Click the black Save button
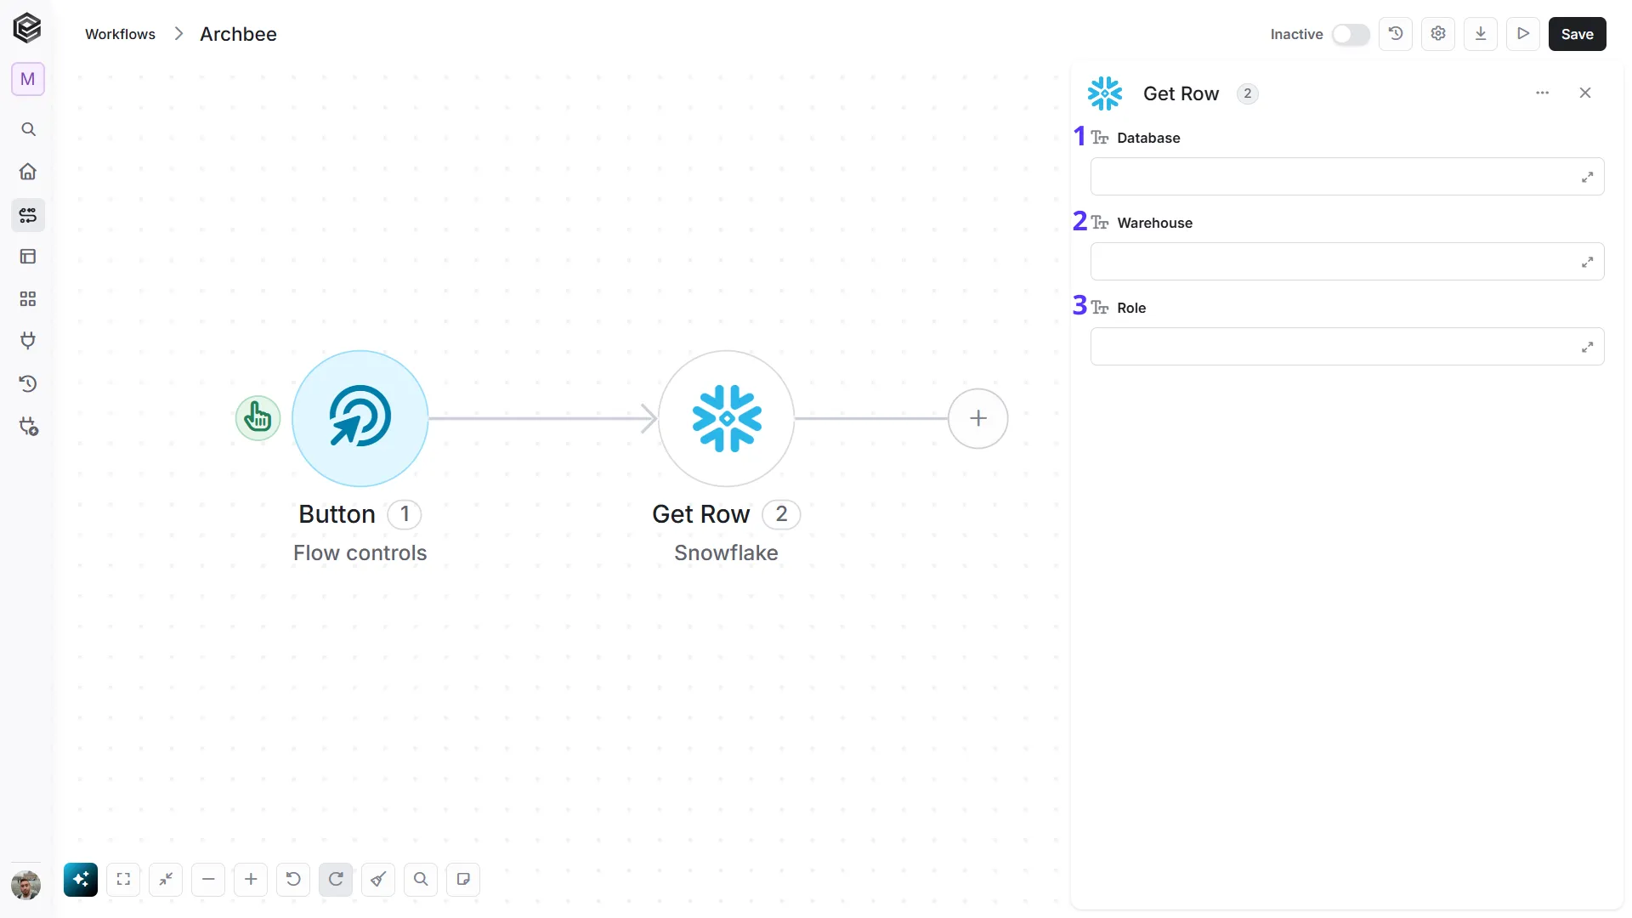1577,34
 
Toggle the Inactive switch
1351,34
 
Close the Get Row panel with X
1585,93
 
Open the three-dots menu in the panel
1543,93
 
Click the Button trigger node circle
360,418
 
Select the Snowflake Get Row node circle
727,418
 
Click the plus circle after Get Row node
978,418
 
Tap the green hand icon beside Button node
258,418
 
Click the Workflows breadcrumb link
120,34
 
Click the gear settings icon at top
1438,34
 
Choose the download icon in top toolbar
1481,34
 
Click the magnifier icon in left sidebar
28,129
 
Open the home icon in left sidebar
28,172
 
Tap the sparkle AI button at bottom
81,880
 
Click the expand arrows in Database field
1587,177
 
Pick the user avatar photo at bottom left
26,885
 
